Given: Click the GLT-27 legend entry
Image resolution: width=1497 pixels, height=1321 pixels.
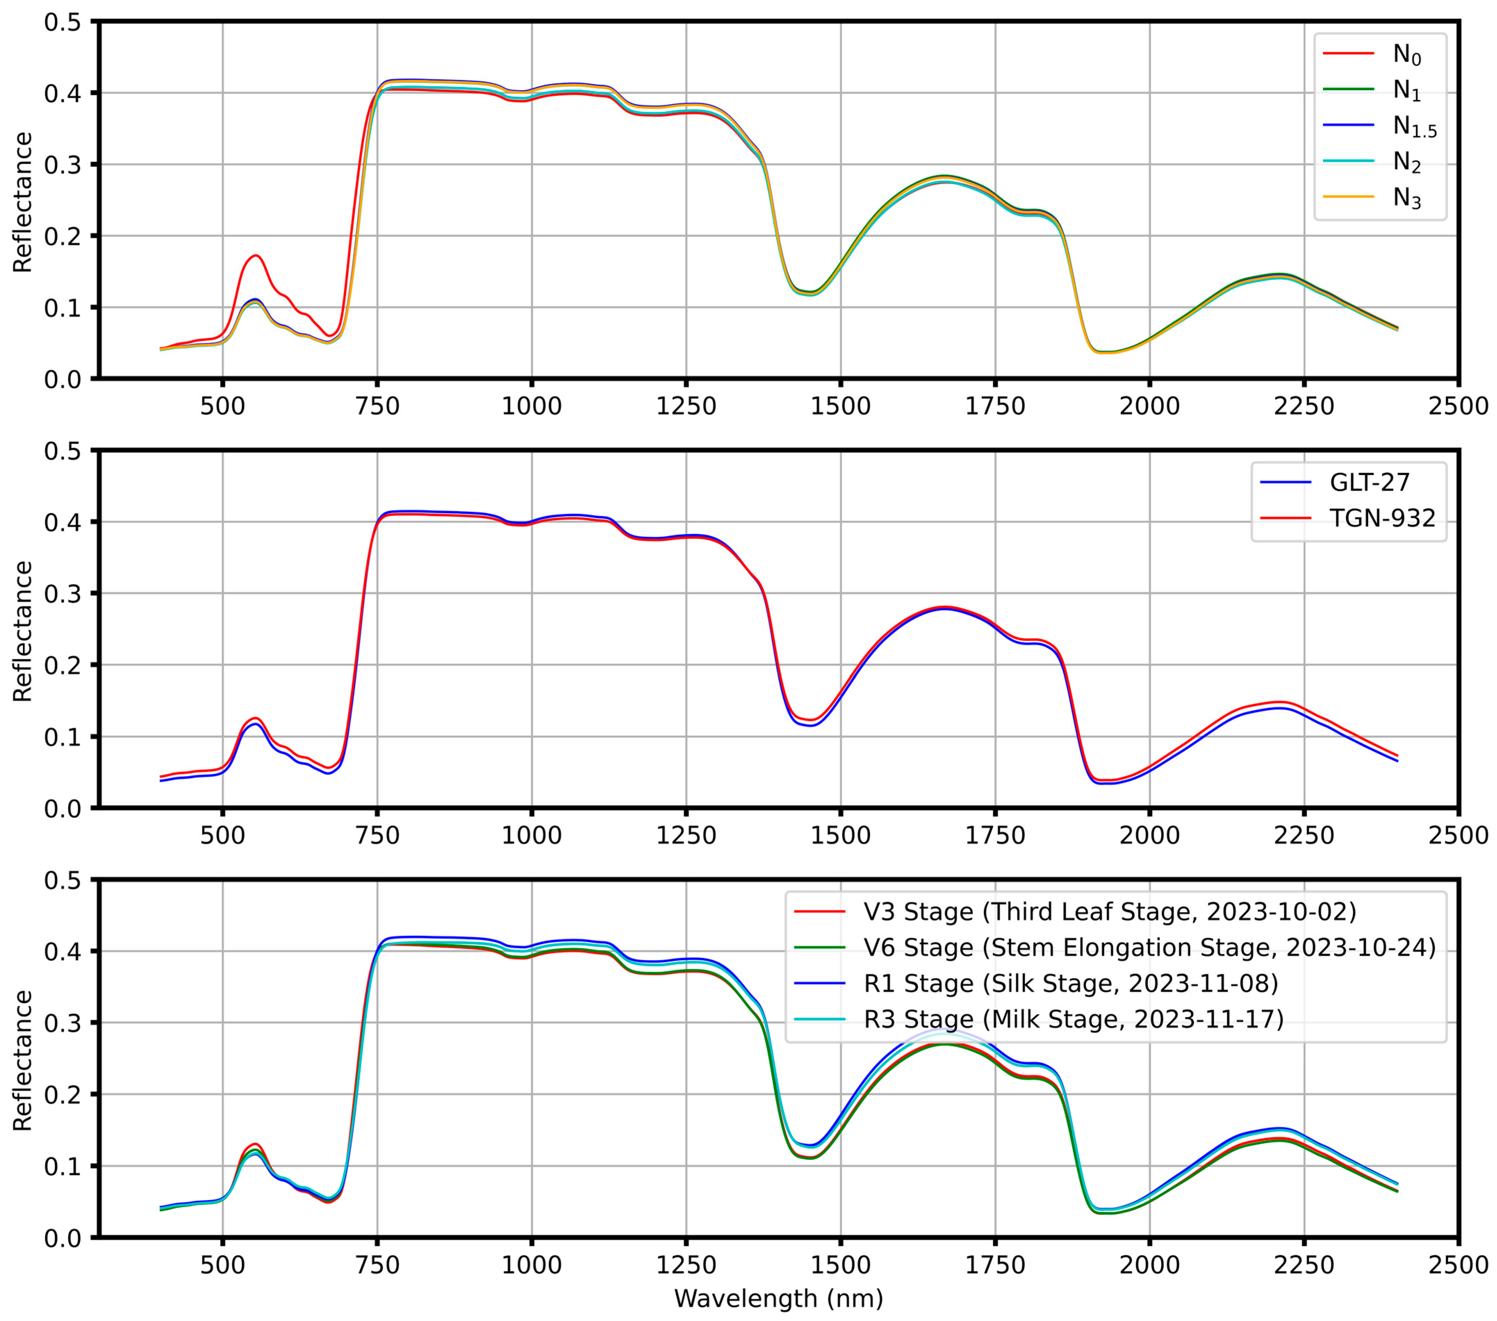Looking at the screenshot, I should [1369, 482].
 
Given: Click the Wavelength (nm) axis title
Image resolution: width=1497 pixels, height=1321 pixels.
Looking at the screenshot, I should [778, 1298].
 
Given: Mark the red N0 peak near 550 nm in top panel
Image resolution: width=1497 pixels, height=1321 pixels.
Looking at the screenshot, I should [256, 256].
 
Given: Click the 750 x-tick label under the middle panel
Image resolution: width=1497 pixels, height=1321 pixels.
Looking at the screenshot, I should [377, 835].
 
